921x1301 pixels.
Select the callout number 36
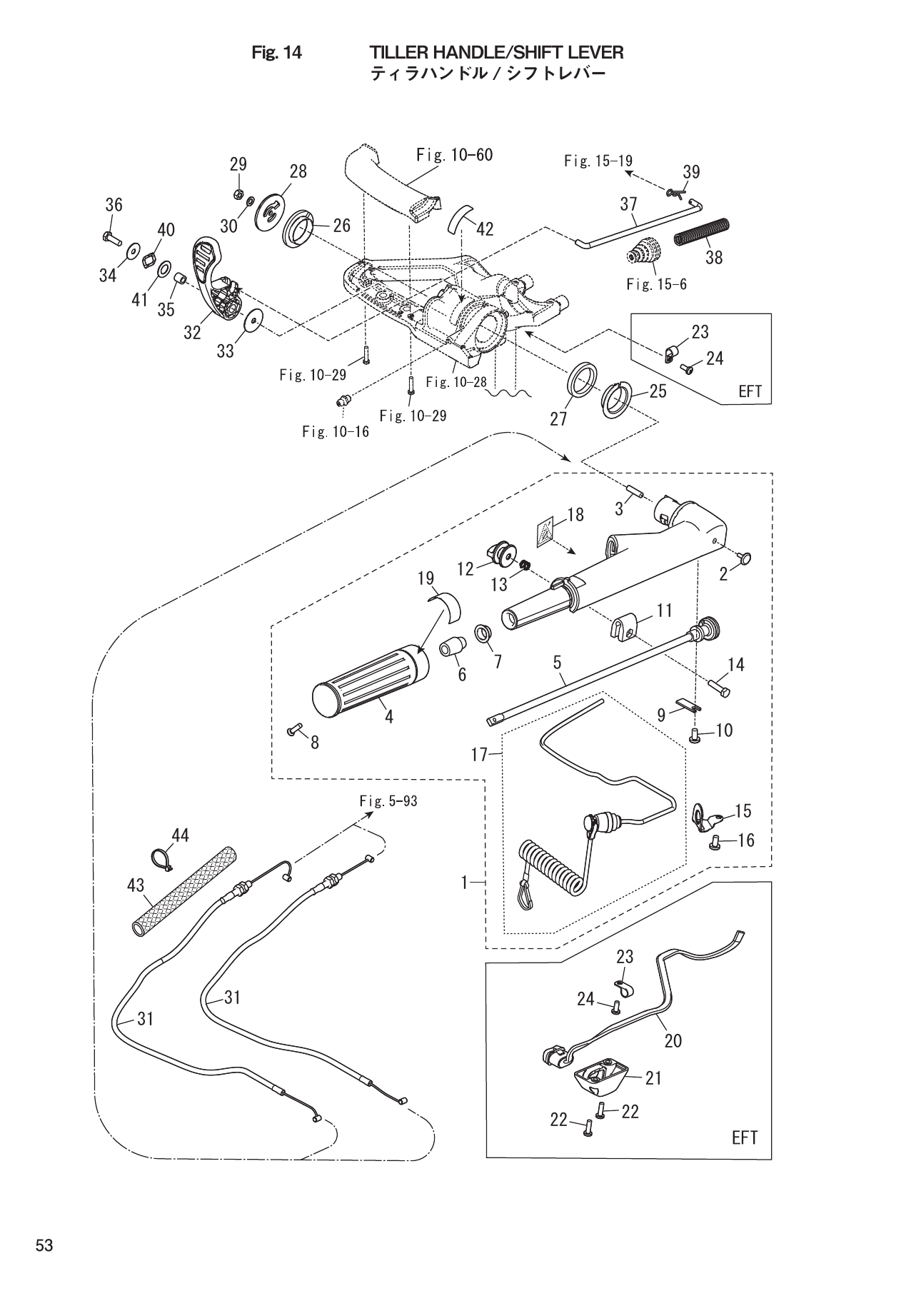(x=114, y=205)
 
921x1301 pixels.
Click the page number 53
(x=44, y=1245)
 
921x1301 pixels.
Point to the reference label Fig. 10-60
(x=454, y=154)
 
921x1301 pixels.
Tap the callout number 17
(x=478, y=754)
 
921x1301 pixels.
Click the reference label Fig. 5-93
(x=388, y=801)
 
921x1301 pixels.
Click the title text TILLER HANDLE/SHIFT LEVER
(x=496, y=52)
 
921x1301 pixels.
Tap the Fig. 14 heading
(x=277, y=52)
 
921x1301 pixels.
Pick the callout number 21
(x=653, y=1078)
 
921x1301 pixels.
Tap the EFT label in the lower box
(x=744, y=1137)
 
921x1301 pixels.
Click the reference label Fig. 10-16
(x=336, y=431)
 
